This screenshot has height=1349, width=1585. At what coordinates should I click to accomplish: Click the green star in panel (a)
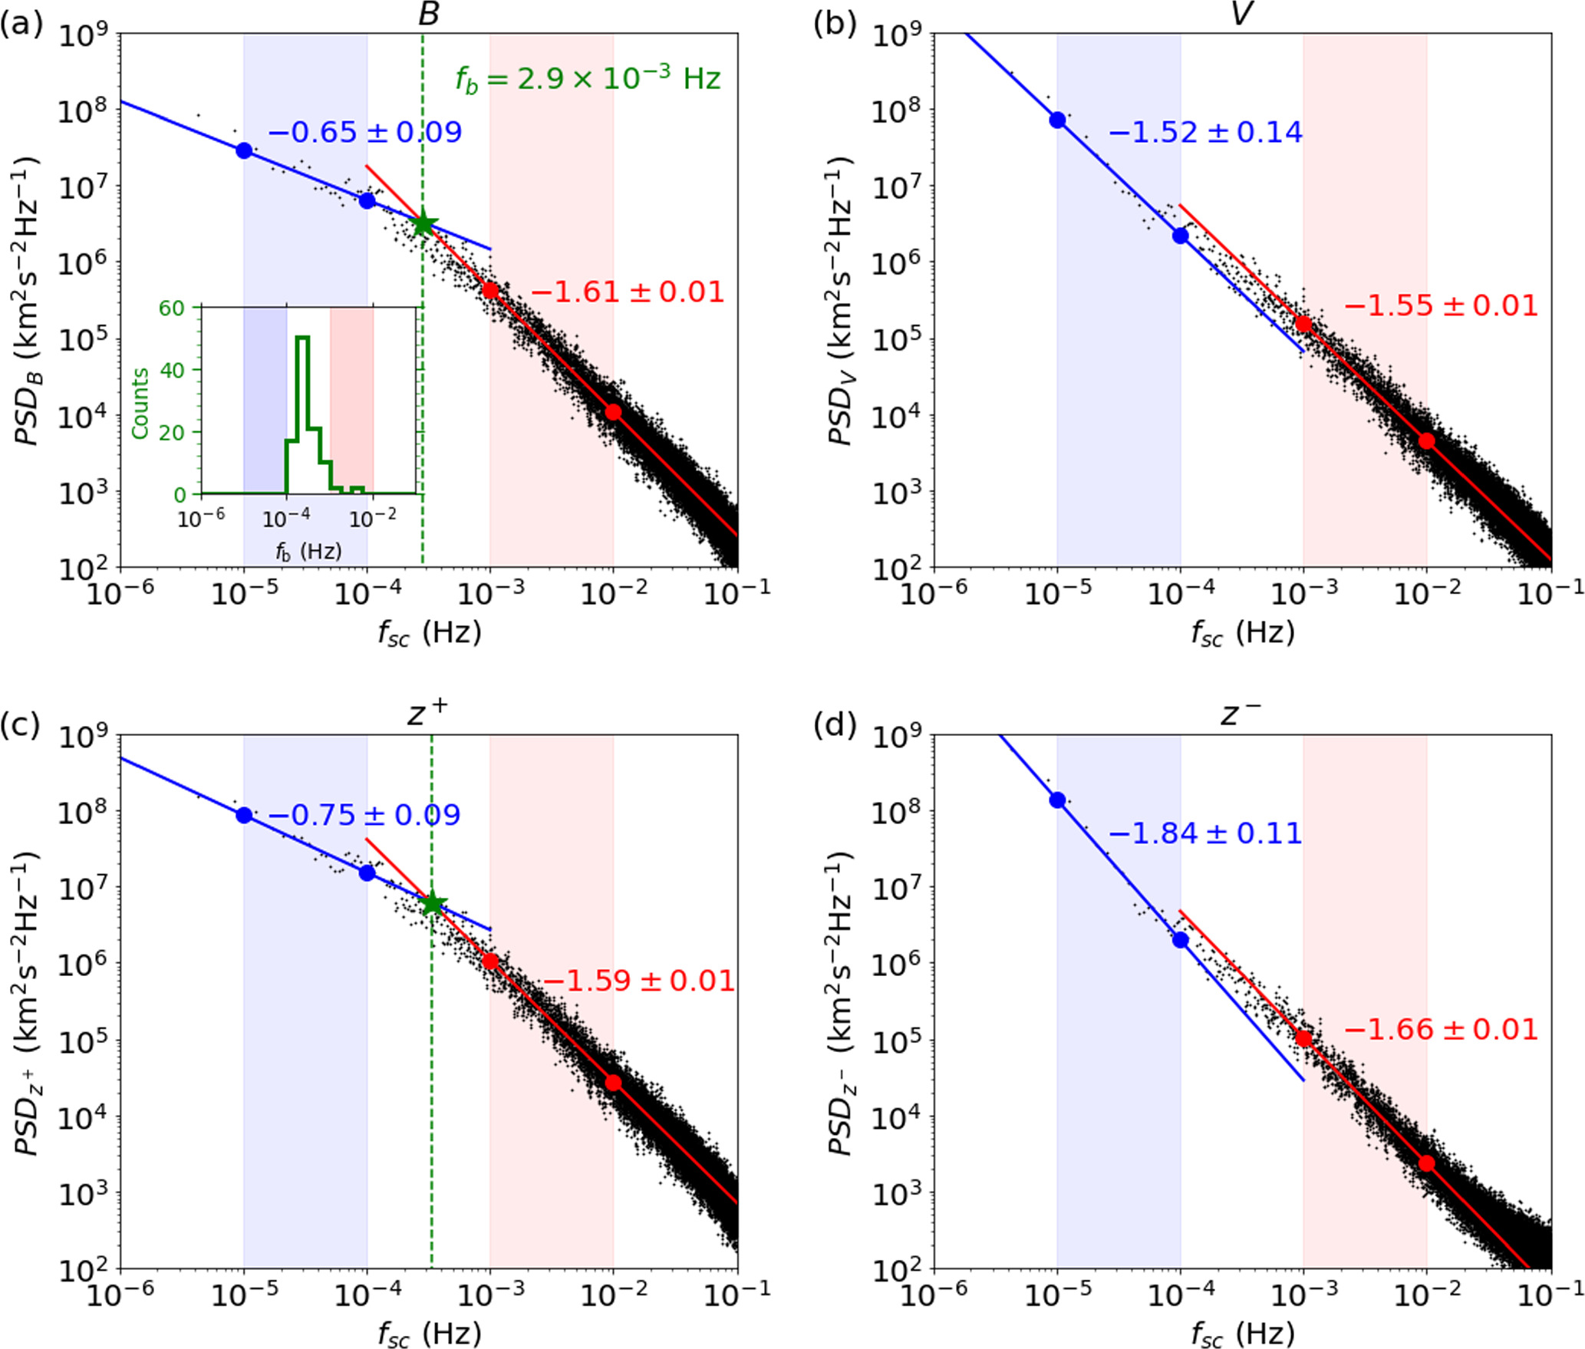pyautogui.click(x=423, y=224)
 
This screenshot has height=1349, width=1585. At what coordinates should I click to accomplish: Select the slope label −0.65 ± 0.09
pyautogui.click(x=365, y=132)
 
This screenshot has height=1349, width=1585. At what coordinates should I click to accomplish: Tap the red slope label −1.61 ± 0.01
pyautogui.click(x=627, y=292)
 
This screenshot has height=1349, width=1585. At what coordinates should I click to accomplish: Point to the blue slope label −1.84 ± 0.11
pyautogui.click(x=1205, y=833)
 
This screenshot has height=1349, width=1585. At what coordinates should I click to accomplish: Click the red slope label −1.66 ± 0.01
pyautogui.click(x=1441, y=1029)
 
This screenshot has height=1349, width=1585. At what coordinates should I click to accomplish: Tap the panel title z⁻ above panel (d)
pyautogui.click(x=1241, y=715)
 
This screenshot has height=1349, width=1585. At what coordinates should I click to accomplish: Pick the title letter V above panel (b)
pyautogui.click(x=1241, y=14)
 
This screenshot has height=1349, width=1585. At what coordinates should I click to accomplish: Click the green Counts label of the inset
pyautogui.click(x=140, y=403)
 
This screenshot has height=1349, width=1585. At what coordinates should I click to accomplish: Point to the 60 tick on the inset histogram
pyautogui.click(x=171, y=308)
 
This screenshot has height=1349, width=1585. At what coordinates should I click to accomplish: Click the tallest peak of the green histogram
pyautogui.click(x=302, y=338)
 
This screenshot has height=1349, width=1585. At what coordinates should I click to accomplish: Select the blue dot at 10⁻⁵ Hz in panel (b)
pyautogui.click(x=1057, y=120)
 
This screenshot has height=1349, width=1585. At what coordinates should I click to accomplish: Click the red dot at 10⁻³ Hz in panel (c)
pyautogui.click(x=490, y=961)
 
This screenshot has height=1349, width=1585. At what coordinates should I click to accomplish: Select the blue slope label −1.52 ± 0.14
pyautogui.click(x=1205, y=132)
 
